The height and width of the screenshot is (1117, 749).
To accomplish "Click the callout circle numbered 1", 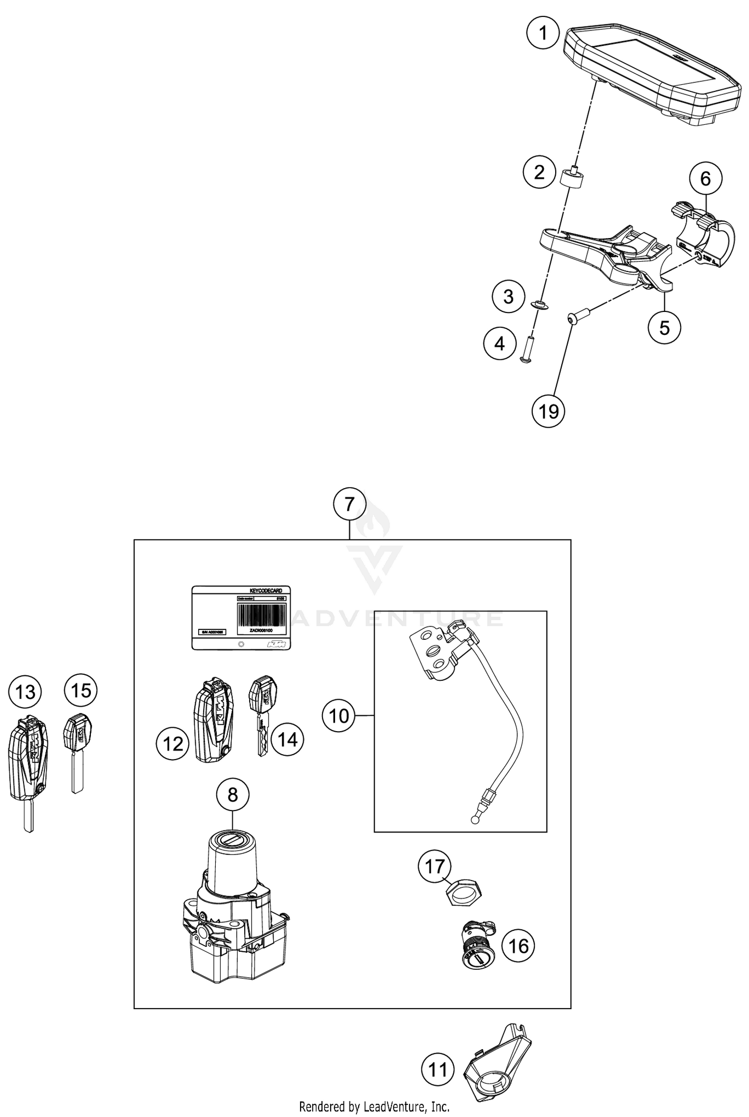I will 543,33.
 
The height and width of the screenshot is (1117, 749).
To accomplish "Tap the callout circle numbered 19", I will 548,411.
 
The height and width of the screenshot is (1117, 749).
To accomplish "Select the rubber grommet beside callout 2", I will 572,179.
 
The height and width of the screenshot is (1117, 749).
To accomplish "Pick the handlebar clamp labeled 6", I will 705,236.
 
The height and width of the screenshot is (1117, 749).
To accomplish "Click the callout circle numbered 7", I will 350,504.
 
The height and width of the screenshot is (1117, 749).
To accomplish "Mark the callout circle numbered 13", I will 25,692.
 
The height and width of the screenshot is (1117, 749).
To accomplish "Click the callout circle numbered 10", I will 339,716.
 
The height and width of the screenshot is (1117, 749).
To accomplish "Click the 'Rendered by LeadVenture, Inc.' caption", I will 374,1107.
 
